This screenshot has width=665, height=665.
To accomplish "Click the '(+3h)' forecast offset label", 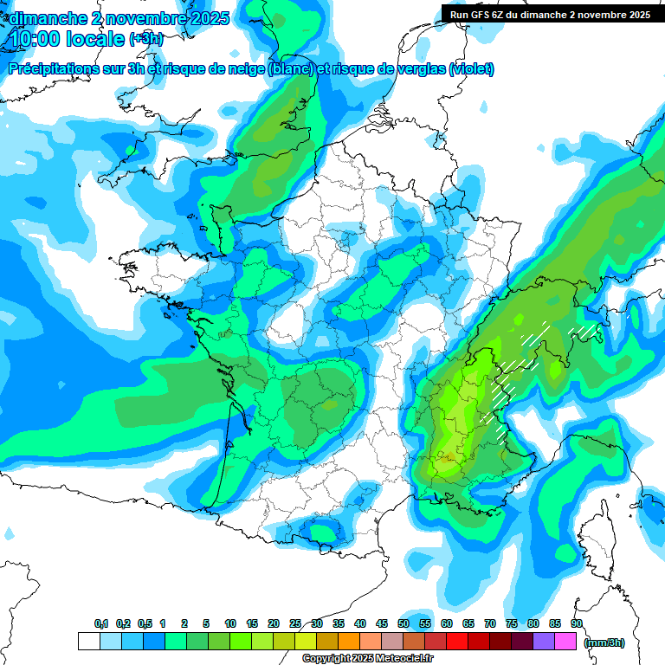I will pyautogui.click(x=145, y=39).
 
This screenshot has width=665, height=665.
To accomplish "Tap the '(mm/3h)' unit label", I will pyautogui.click(x=604, y=642).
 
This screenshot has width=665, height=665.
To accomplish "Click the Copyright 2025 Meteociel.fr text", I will pyautogui.click(x=367, y=658).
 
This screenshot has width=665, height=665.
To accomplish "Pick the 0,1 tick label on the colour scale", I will pyautogui.click(x=100, y=623).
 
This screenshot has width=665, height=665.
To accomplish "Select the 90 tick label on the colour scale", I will pyautogui.click(x=576, y=623).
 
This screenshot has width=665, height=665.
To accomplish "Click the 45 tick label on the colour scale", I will pyautogui.click(x=382, y=623).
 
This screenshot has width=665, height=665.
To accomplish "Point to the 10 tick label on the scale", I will pyautogui.click(x=230, y=623).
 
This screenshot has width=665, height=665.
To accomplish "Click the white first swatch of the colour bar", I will pyautogui.click(x=88, y=641).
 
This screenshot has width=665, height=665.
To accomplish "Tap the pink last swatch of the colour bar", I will pyautogui.click(x=565, y=641).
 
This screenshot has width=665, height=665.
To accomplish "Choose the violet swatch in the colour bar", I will pyautogui.click(x=544, y=641).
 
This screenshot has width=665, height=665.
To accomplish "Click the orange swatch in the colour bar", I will pyautogui.click(x=348, y=641).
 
